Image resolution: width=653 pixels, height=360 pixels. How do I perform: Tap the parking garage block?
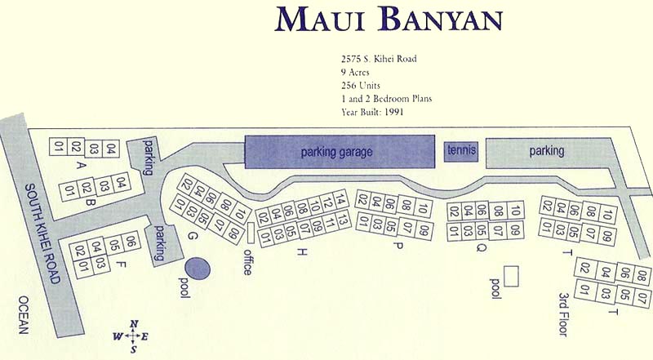point(336,152)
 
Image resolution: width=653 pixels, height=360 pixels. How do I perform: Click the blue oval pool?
point(196,268)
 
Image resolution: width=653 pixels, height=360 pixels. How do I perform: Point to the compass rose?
point(133,336)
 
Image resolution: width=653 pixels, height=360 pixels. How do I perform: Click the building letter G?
point(193,236)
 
